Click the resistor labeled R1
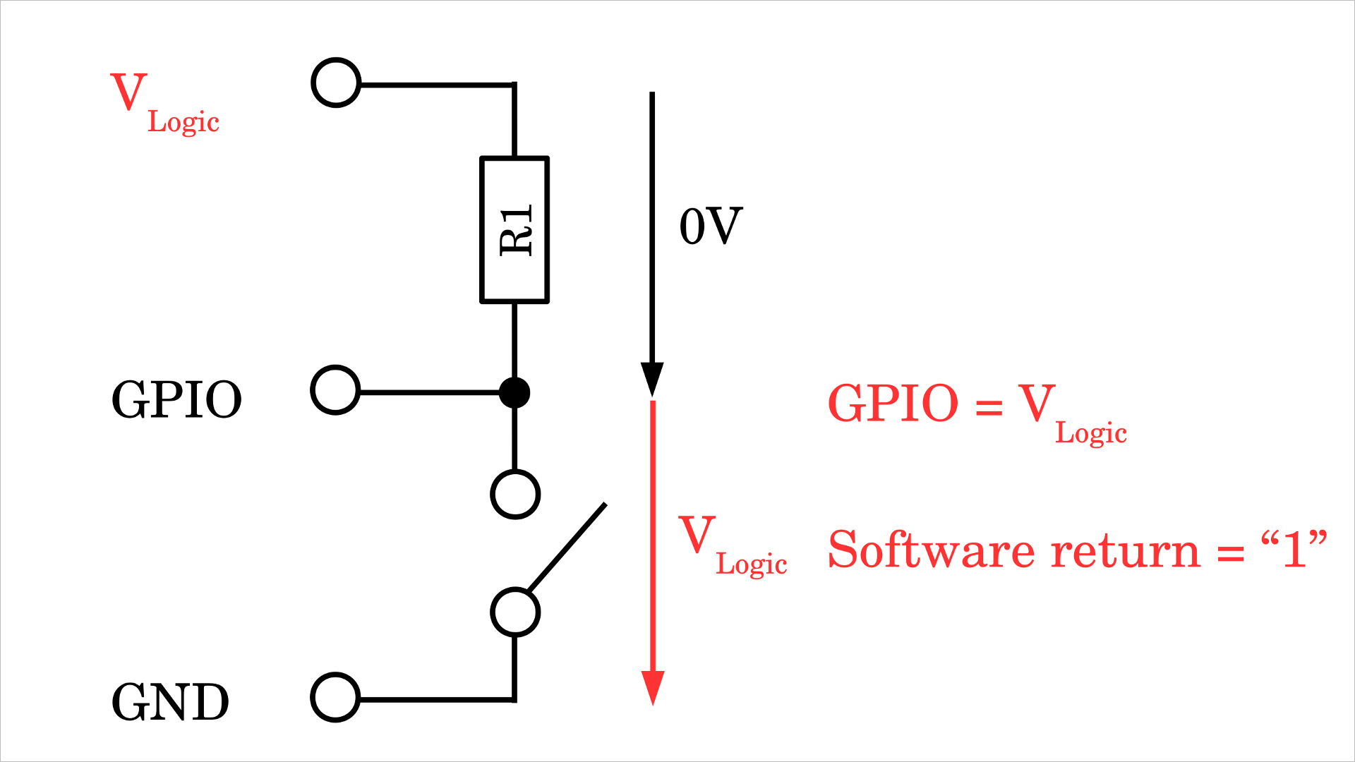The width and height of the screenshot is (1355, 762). (x=514, y=230)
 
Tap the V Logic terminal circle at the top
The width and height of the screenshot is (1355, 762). (x=337, y=83)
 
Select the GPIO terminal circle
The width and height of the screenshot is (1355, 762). (x=336, y=390)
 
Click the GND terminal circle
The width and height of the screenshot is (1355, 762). (x=336, y=697)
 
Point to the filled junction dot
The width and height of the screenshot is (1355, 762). (x=514, y=392)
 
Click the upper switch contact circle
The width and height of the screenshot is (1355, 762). (x=515, y=494)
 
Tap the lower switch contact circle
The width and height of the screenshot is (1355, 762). (x=515, y=612)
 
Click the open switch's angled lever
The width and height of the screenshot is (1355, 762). (x=567, y=547)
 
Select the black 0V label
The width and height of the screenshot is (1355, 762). (x=711, y=226)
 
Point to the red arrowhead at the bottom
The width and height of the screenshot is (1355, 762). (x=653, y=687)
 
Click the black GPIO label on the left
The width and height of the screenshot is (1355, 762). (x=176, y=400)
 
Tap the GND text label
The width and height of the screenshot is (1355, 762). (x=170, y=702)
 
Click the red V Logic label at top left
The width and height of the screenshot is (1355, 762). (x=164, y=102)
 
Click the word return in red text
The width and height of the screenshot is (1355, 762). (x=1125, y=551)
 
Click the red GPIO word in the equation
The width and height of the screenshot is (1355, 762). (x=893, y=404)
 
